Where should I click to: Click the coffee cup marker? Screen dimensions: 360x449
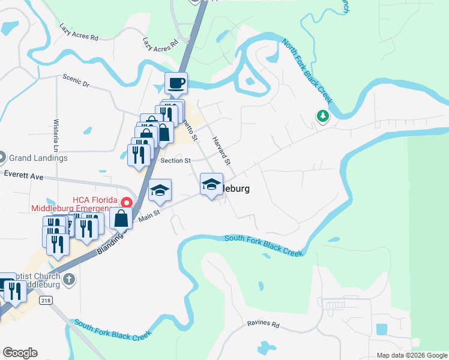[x=176, y=83]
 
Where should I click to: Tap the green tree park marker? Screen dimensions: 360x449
[x=324, y=116]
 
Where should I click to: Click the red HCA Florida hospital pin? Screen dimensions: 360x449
[x=127, y=203]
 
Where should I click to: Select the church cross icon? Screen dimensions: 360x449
[x=69, y=279]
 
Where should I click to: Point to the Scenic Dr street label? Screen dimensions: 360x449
[x=76, y=80]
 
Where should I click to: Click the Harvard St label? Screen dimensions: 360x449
[x=221, y=151]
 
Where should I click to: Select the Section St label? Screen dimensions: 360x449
[x=175, y=160]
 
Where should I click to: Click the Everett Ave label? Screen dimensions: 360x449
[x=23, y=176]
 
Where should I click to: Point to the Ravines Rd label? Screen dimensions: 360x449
[x=263, y=325]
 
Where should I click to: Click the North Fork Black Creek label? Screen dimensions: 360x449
[x=307, y=72]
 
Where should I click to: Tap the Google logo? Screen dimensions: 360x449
[x=20, y=353]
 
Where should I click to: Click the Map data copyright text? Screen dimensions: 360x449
[x=412, y=355]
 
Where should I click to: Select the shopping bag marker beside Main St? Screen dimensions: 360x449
[x=121, y=218]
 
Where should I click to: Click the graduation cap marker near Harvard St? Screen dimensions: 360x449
[x=211, y=184]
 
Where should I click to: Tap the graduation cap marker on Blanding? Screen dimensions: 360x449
[x=160, y=190]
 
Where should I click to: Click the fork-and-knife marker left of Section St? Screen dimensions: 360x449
[x=139, y=155]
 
